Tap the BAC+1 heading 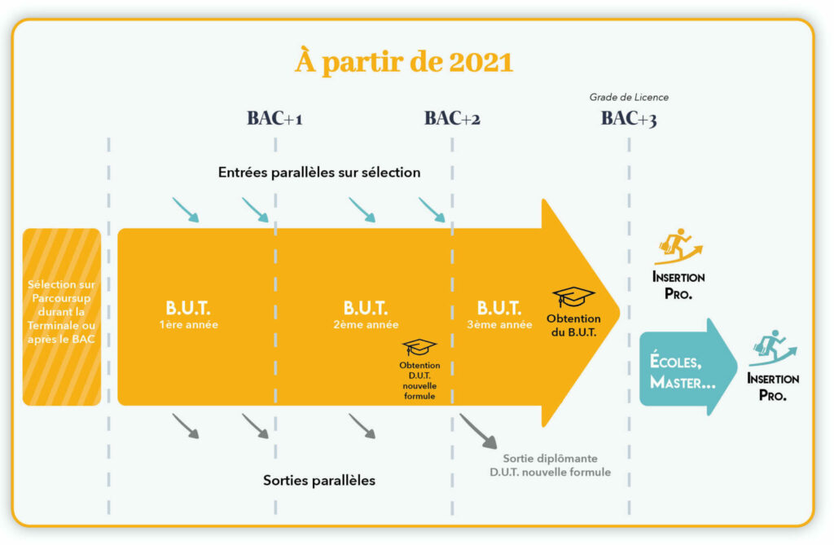coord(275,119)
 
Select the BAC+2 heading coord(452,119)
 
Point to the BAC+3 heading coord(629,119)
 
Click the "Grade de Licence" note coord(629,98)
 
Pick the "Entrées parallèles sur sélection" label coord(319,173)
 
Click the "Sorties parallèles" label coord(319,480)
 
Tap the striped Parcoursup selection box coord(62,317)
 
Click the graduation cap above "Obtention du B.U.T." coord(573,296)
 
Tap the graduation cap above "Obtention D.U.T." coord(420,347)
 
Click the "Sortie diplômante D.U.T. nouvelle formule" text coord(550,465)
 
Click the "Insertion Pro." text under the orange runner coord(678,285)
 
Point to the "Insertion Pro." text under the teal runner coord(773,387)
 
